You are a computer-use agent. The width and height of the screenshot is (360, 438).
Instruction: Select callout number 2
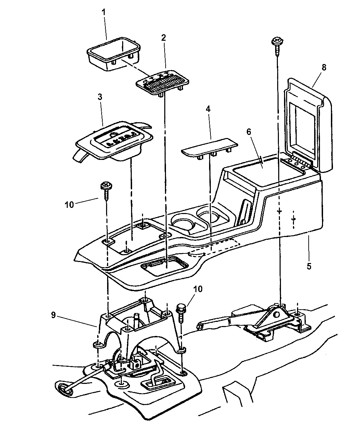pos(164,38)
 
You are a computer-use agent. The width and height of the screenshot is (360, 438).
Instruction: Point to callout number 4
pos(208,109)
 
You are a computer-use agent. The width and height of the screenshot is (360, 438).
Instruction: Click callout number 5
pos(309,266)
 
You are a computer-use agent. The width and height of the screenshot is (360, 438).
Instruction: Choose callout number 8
pos(324,67)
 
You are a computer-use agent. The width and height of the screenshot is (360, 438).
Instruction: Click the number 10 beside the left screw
pos(69,204)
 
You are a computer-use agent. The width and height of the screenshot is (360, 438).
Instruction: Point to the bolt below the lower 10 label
pos(181,308)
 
